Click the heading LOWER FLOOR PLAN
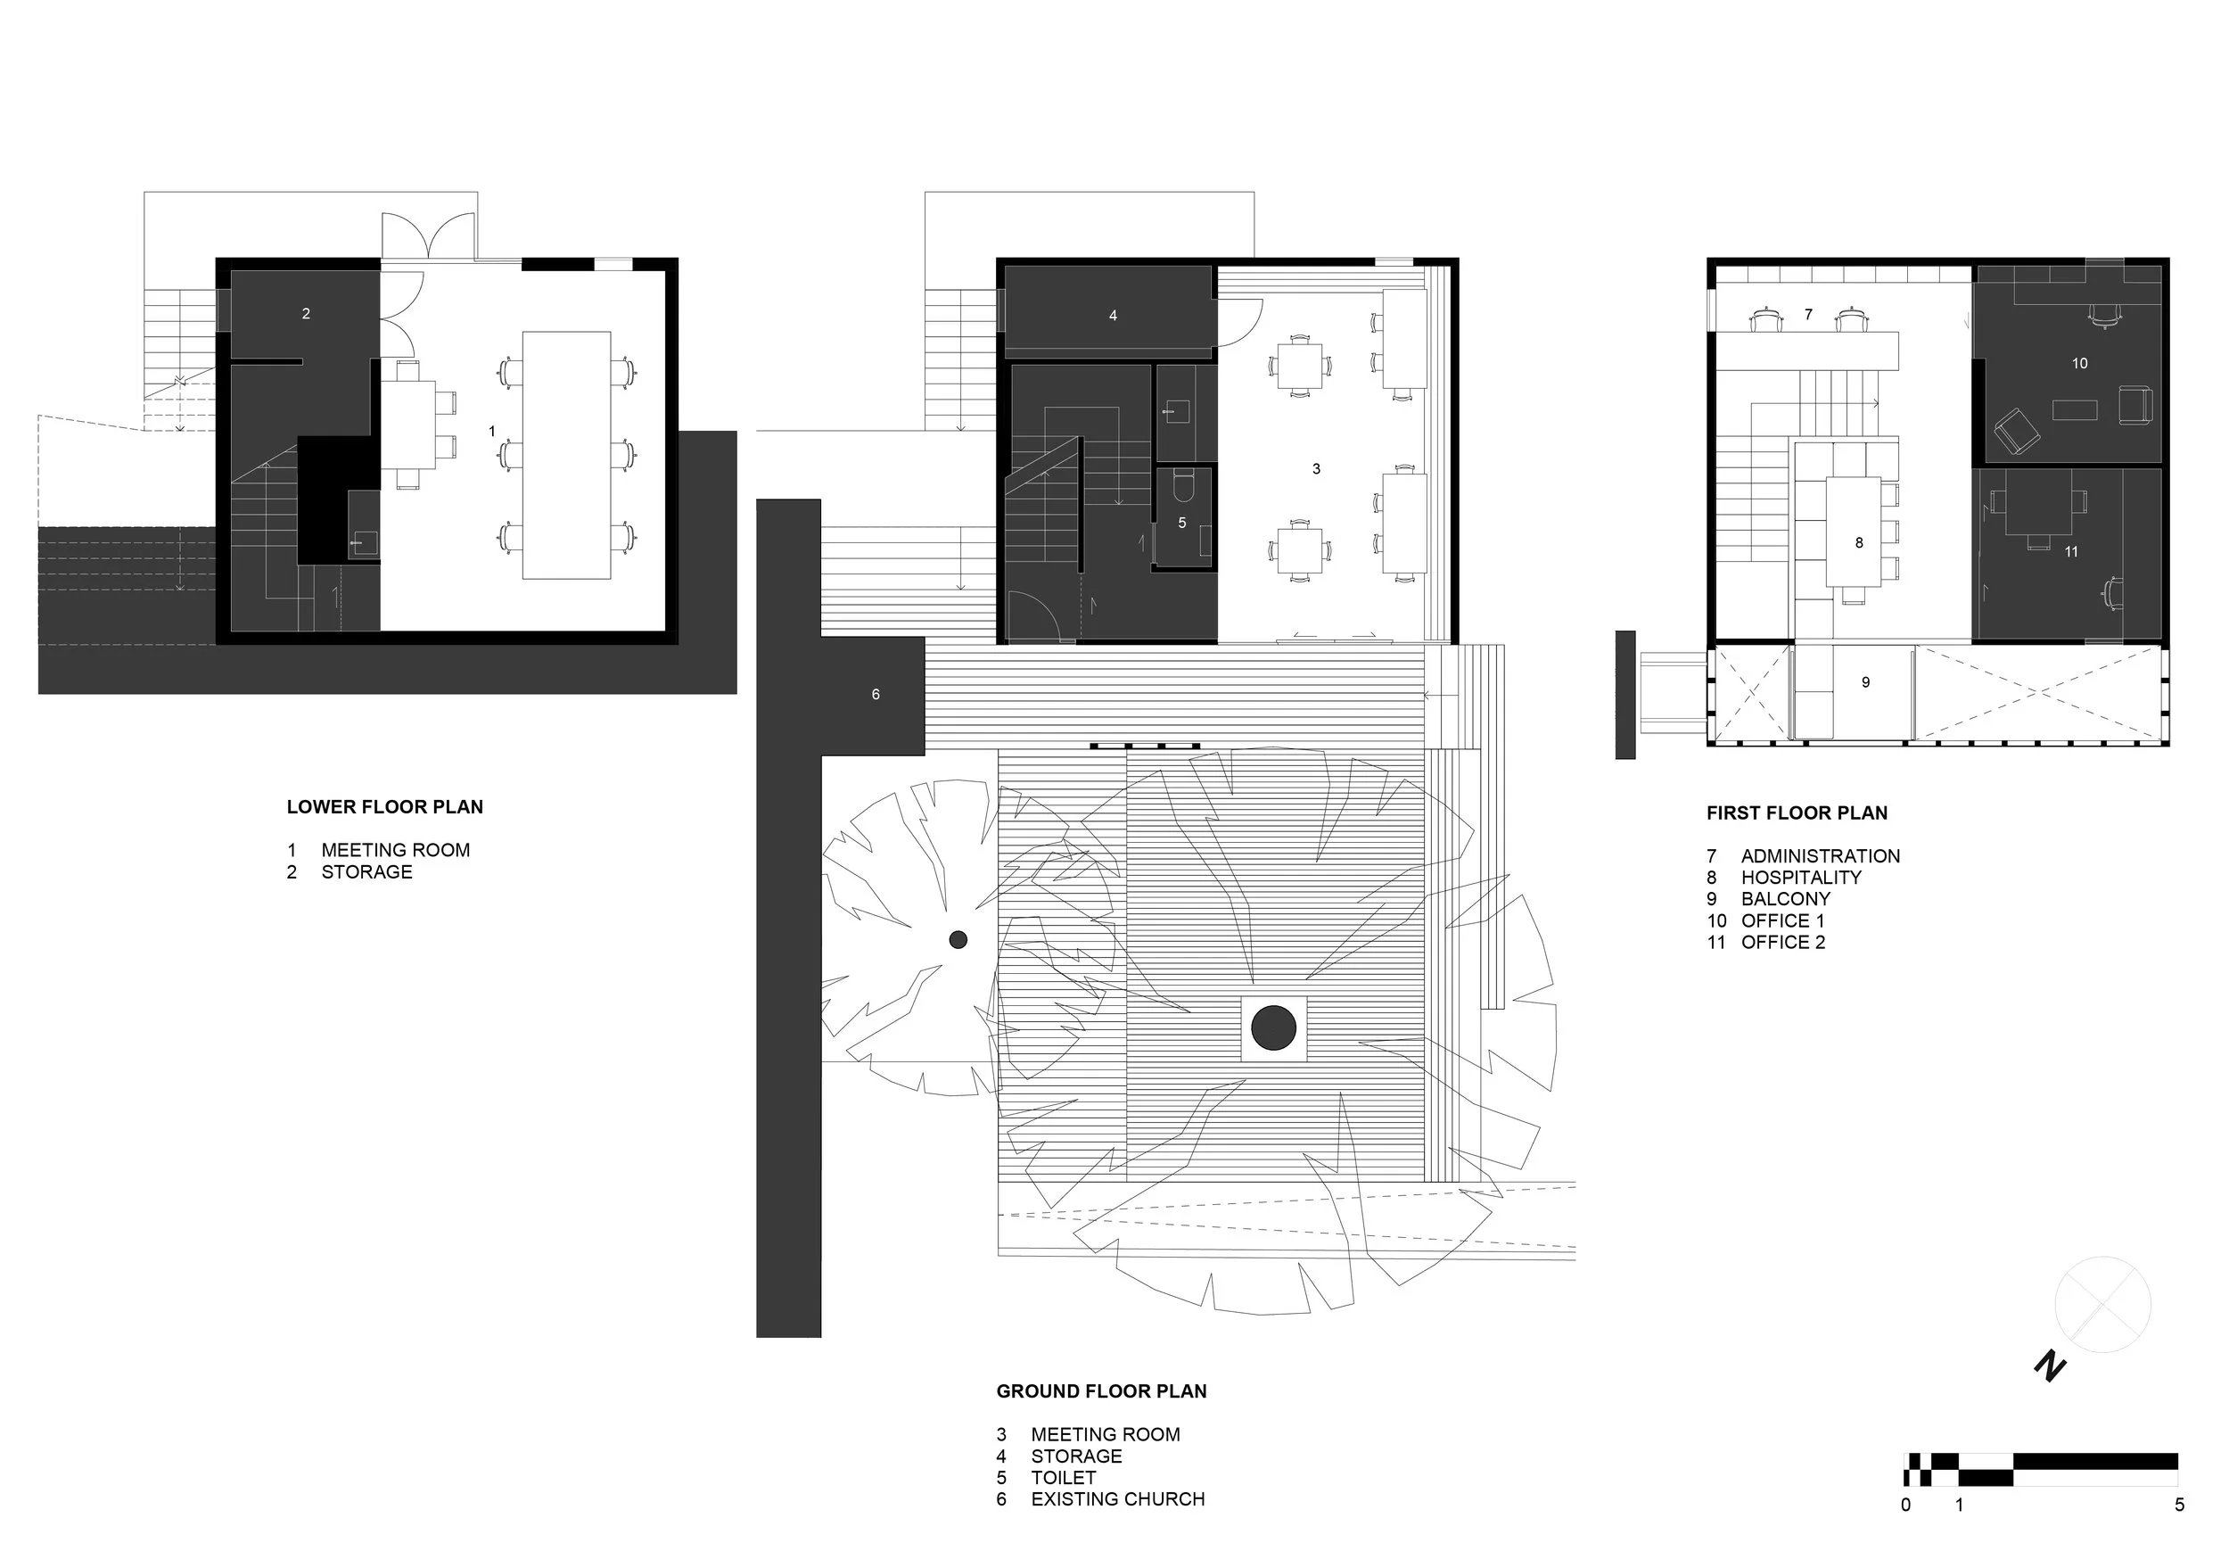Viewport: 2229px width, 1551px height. (x=384, y=807)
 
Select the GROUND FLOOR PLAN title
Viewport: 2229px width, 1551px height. (x=1101, y=1390)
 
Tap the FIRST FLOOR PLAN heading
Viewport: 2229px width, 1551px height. (x=1796, y=813)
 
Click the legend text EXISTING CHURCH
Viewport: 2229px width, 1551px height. (x=1117, y=1498)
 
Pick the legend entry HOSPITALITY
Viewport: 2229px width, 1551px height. (x=1801, y=877)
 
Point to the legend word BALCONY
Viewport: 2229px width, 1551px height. (x=1785, y=898)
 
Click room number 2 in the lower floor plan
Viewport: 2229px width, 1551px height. (x=306, y=314)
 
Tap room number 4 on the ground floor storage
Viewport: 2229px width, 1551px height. (x=1113, y=316)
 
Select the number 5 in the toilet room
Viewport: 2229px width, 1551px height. (x=1181, y=523)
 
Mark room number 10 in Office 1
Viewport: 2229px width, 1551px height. (x=2078, y=363)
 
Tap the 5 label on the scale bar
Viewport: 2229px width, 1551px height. (x=2178, y=1506)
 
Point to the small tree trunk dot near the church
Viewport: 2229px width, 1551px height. (x=958, y=939)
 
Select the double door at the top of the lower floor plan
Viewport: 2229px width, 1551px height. (x=426, y=237)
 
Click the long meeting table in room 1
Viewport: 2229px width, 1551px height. (x=566, y=455)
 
